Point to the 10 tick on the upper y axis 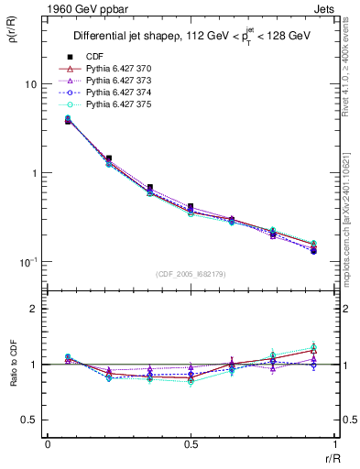point(29,84)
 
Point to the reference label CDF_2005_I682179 point(190,273)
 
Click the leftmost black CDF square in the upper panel point(68,120)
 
